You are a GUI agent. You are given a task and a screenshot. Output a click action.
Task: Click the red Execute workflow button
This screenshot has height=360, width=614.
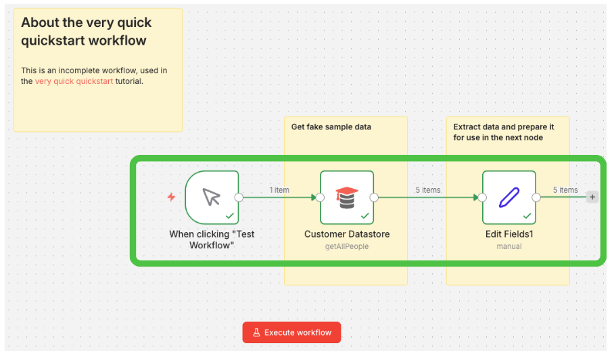pyautogui.click(x=291, y=332)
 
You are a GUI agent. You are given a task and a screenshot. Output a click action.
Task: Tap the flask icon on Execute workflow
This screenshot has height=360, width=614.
pyautogui.click(x=256, y=332)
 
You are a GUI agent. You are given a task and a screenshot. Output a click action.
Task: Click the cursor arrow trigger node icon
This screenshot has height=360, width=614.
pyautogui.click(x=212, y=197)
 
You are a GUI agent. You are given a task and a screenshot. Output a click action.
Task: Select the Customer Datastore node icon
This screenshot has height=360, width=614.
pyautogui.click(x=346, y=197)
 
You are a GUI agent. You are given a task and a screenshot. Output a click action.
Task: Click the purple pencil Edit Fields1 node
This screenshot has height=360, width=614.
pyautogui.click(x=509, y=197)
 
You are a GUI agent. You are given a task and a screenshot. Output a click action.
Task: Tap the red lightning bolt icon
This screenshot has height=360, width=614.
pyautogui.click(x=171, y=197)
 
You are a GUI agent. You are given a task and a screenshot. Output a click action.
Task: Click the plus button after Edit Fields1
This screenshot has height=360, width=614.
pyautogui.click(x=592, y=197)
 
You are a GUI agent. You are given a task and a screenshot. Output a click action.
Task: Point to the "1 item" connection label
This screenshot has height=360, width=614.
pyautogui.click(x=279, y=190)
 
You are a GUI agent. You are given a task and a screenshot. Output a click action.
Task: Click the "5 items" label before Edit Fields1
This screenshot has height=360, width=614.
pyautogui.click(x=428, y=190)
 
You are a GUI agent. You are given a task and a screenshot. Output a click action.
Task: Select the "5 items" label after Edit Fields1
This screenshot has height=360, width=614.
pyautogui.click(x=565, y=190)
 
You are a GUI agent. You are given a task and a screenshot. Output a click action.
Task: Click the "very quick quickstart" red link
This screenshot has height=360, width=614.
pyautogui.click(x=74, y=81)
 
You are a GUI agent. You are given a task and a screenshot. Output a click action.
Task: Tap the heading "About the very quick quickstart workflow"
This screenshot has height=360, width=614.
pyautogui.click(x=86, y=31)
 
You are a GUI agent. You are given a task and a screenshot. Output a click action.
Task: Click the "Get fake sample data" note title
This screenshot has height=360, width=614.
pyautogui.click(x=331, y=127)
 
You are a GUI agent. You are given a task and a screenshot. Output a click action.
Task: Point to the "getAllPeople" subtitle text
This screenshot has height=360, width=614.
pyautogui.click(x=346, y=246)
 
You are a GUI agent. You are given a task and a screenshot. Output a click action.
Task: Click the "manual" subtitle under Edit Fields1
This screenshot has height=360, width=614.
pyautogui.click(x=509, y=246)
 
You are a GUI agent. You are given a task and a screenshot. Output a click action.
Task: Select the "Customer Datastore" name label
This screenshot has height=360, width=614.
pyautogui.click(x=347, y=234)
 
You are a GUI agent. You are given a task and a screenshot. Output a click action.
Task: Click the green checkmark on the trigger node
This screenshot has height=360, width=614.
pyautogui.click(x=230, y=215)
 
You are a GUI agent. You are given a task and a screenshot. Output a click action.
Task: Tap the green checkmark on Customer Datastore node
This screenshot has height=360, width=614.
pyautogui.click(x=365, y=215)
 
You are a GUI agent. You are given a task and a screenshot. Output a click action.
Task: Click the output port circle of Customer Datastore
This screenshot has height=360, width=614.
pyautogui.click(x=374, y=198)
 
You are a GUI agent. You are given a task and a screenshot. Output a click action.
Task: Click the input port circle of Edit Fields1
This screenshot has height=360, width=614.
pyautogui.click(x=482, y=198)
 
